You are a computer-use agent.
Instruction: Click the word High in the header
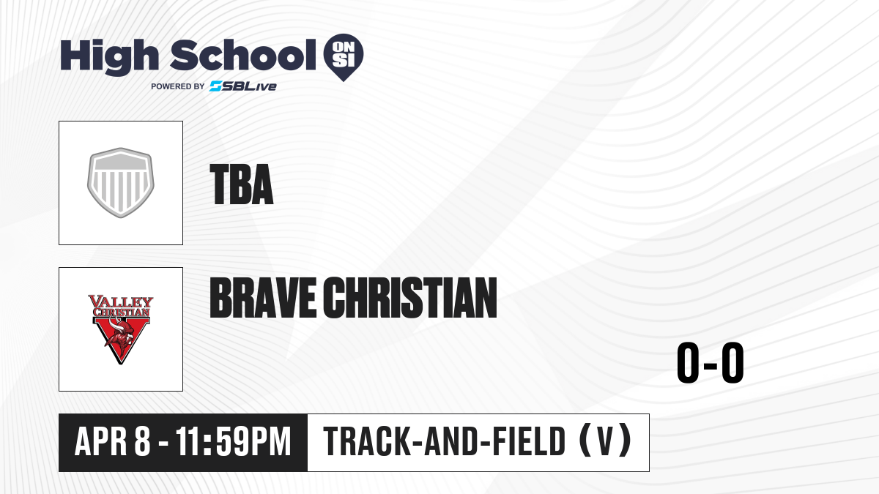109,57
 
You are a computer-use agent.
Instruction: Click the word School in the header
243,55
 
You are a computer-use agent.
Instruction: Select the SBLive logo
243,86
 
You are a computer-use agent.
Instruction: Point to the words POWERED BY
178,86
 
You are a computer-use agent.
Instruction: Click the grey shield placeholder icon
120,183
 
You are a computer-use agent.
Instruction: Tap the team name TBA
241,184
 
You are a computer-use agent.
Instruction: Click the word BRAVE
263,298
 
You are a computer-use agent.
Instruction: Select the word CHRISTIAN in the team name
410,298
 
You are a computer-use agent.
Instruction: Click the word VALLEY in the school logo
121,302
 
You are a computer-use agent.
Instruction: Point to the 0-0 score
711,363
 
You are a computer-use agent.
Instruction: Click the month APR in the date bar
100,441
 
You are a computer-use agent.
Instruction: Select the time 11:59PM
234,441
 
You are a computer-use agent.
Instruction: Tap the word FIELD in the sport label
529,441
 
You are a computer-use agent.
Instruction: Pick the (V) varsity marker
606,441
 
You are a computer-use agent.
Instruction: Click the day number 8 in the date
142,441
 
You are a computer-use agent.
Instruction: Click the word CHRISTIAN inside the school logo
121,313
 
